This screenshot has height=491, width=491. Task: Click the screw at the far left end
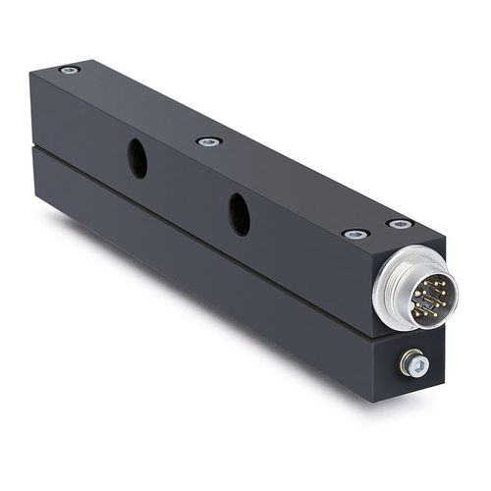pyautogui.click(x=69, y=70)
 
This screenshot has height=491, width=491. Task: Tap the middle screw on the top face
pyautogui.click(x=208, y=141)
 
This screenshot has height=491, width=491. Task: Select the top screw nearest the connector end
pyautogui.click(x=400, y=224)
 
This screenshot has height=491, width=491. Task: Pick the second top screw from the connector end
pyautogui.click(x=355, y=234)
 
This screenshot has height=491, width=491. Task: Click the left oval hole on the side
pyautogui.click(x=137, y=158)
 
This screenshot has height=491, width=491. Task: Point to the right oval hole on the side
pyautogui.click(x=239, y=214)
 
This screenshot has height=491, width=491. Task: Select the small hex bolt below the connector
pyautogui.click(x=414, y=365)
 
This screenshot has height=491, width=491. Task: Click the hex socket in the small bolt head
pyautogui.click(x=416, y=366)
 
